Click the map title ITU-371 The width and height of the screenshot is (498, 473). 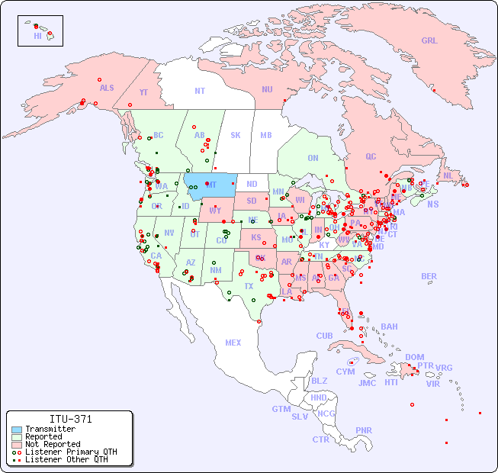pyautogui.click(x=71, y=420)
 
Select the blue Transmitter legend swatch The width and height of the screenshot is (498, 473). pyautogui.click(x=16, y=430)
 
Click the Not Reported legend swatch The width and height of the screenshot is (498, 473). pyautogui.click(x=16, y=444)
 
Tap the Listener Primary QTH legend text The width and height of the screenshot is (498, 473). pyautogui.click(x=71, y=452)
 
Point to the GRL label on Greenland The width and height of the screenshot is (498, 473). pyautogui.click(x=429, y=41)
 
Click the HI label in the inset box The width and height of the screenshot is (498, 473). pyautogui.click(x=37, y=36)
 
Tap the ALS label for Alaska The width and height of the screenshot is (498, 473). pyautogui.click(x=107, y=88)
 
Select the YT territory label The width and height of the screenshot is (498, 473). pyautogui.click(x=143, y=92)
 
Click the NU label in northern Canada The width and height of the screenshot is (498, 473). pyautogui.click(x=267, y=89)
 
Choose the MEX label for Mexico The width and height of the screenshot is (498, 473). pyautogui.click(x=233, y=343)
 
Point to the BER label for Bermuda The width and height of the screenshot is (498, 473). pyautogui.click(x=429, y=276)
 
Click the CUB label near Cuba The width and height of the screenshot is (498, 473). pyautogui.click(x=325, y=336)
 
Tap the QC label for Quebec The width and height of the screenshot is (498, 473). pyautogui.click(x=371, y=156)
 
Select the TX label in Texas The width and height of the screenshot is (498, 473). pyautogui.click(x=249, y=287)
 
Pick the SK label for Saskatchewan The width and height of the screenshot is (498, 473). pyautogui.click(x=236, y=135)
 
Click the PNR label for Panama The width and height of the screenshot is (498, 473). pyautogui.click(x=364, y=430)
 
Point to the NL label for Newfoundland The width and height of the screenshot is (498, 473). pyautogui.click(x=448, y=175)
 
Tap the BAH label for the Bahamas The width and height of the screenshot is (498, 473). pyautogui.click(x=389, y=327)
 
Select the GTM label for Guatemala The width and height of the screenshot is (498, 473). pyautogui.click(x=281, y=409)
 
